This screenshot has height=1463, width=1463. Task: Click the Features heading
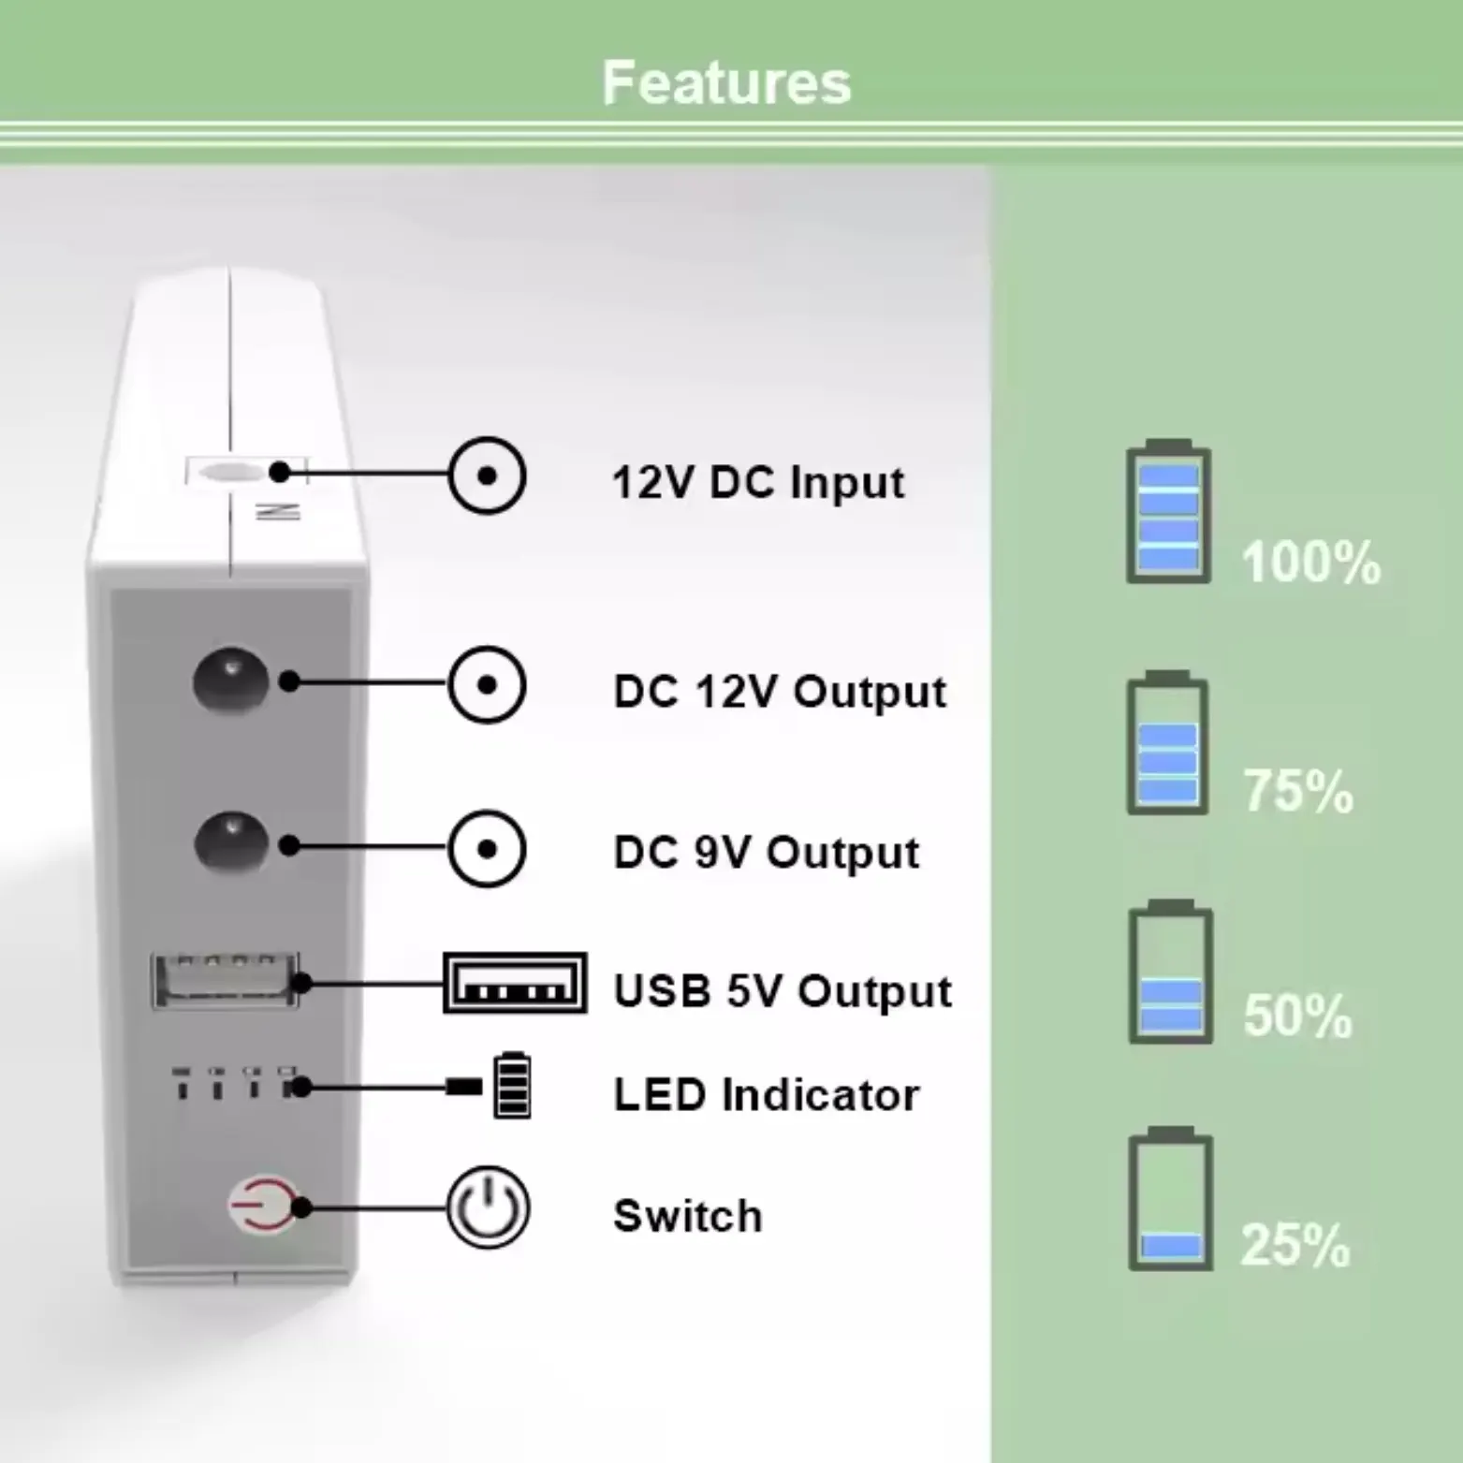click(726, 82)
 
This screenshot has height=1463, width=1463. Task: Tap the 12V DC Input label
click(758, 483)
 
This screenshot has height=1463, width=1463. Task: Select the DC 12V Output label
click(780, 693)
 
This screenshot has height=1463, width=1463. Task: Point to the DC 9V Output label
click(766, 853)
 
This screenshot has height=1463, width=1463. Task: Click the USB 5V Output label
click(783, 991)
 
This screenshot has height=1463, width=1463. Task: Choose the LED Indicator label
click(766, 1095)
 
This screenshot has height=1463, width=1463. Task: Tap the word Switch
click(688, 1216)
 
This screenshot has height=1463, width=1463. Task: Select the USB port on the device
click(225, 980)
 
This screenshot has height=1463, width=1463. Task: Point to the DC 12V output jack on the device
click(229, 680)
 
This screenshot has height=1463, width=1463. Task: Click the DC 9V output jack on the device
click(230, 841)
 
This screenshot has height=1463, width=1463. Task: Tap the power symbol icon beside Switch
click(488, 1207)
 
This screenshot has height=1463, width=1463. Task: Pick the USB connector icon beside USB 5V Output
click(515, 984)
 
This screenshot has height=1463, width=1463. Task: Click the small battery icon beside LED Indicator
click(512, 1086)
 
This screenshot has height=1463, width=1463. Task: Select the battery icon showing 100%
click(1168, 512)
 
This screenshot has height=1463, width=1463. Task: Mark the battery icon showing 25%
click(1170, 1200)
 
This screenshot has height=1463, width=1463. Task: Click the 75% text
click(1298, 791)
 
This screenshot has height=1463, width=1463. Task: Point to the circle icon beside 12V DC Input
click(487, 475)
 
